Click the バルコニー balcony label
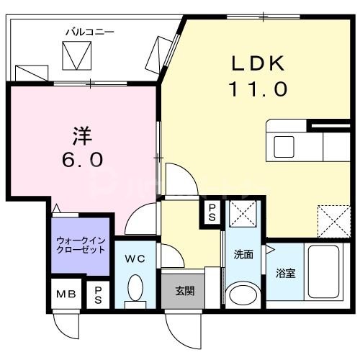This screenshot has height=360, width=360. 89,32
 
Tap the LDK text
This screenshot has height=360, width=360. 258,63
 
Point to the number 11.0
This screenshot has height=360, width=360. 258,89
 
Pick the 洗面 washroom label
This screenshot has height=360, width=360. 243,254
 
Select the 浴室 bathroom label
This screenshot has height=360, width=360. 286,273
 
